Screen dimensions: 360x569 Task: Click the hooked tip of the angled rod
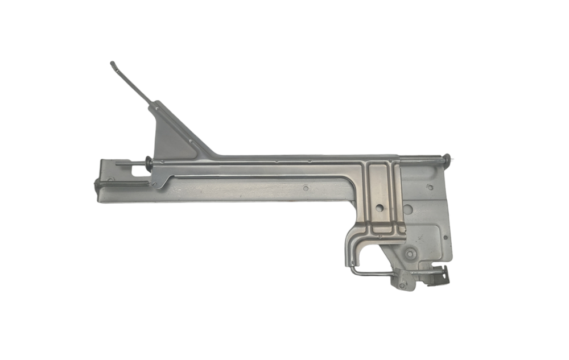tap(112, 64)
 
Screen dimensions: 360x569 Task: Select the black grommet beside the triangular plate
tap(149, 163)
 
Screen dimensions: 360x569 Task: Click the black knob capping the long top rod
tap(447, 159)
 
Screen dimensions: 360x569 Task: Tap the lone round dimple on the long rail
tap(306, 188)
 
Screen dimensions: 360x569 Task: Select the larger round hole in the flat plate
tap(407, 209)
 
